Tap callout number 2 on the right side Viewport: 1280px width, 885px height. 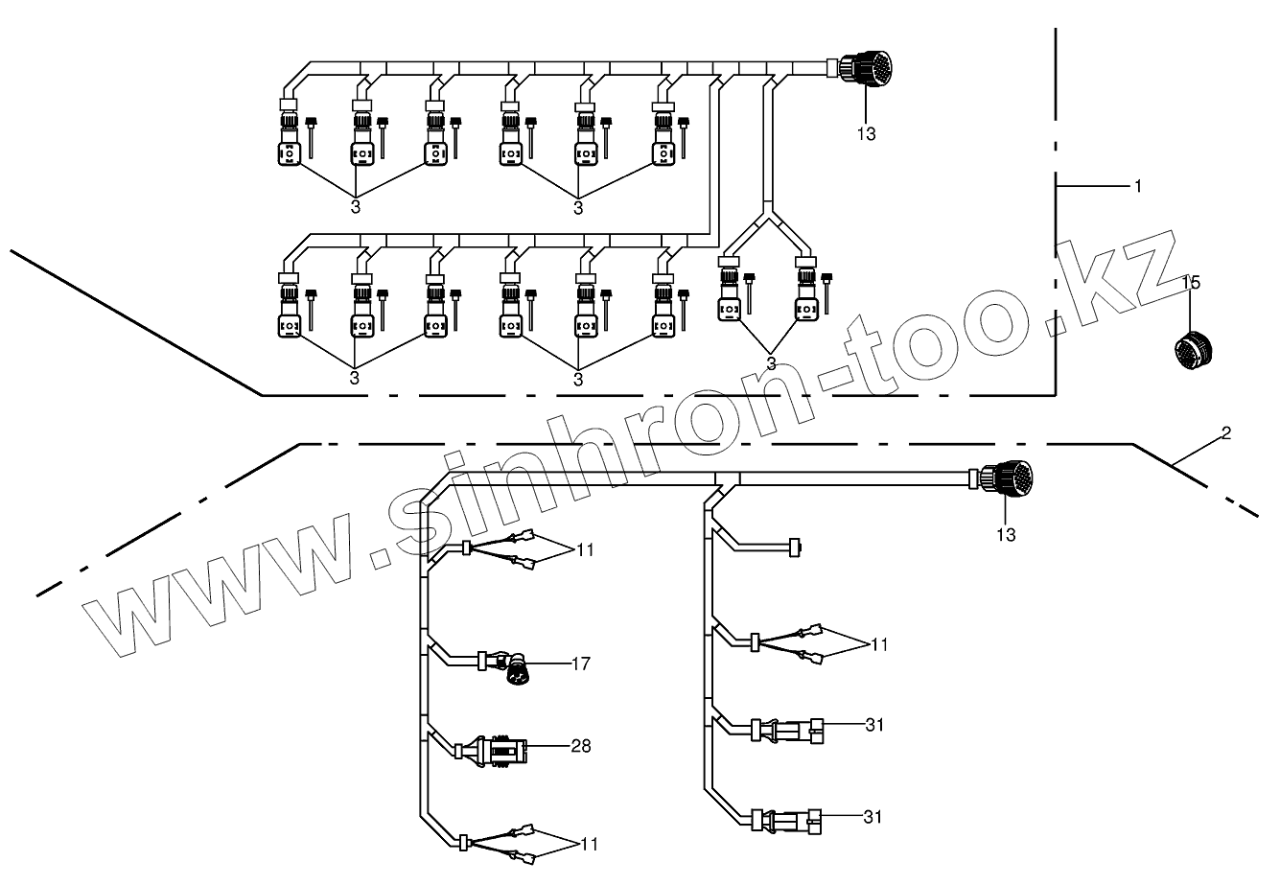[1225, 433]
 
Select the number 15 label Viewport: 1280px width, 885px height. [1190, 283]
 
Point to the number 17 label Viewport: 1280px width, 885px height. [581, 663]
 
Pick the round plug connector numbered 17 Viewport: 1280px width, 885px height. [518, 669]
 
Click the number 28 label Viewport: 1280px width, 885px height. [581, 745]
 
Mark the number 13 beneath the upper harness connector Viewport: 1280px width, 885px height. [866, 134]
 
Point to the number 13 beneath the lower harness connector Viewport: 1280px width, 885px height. [1006, 534]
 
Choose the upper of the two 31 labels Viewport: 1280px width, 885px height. [873, 725]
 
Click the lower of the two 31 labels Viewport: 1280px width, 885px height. [873, 817]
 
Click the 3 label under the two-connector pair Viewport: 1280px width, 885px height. [772, 362]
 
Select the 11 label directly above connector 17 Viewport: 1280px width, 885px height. [585, 549]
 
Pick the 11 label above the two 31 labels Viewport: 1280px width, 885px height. [879, 644]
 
